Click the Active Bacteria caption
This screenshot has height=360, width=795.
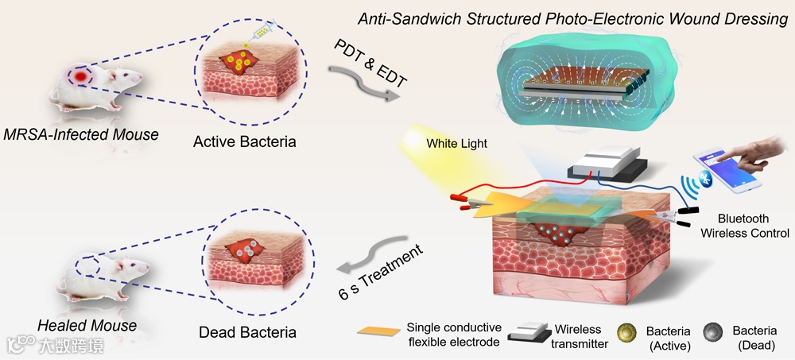245,142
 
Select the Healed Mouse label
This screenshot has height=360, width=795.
87,325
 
